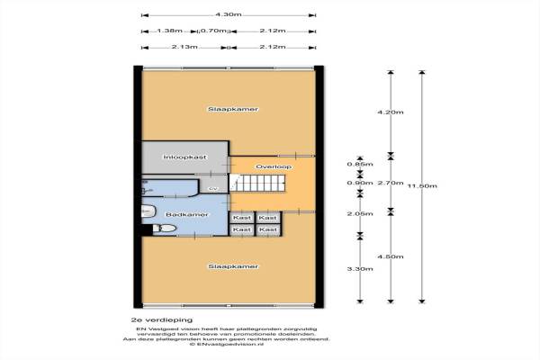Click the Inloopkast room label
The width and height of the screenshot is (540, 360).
click(x=184, y=157)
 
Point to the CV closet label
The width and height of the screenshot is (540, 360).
click(x=213, y=189)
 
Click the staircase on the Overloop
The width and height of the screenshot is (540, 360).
click(x=260, y=184)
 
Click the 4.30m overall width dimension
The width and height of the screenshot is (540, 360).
click(x=229, y=14)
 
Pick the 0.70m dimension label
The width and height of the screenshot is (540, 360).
click(x=212, y=31)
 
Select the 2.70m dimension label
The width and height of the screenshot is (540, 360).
click(x=391, y=183)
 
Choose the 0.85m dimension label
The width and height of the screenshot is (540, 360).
click(x=358, y=164)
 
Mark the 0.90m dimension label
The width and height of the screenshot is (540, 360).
click(x=358, y=183)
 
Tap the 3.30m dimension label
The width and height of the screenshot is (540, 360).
click(x=358, y=267)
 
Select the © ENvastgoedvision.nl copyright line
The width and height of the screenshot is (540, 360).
click(x=229, y=345)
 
